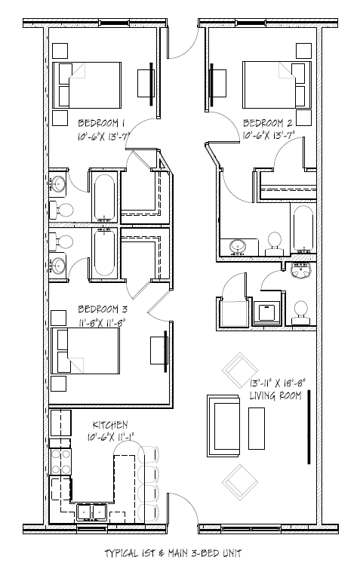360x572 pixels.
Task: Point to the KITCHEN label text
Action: [109, 425]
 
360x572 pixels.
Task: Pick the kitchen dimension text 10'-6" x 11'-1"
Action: [109, 436]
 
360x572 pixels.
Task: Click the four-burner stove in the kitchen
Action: [60, 461]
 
